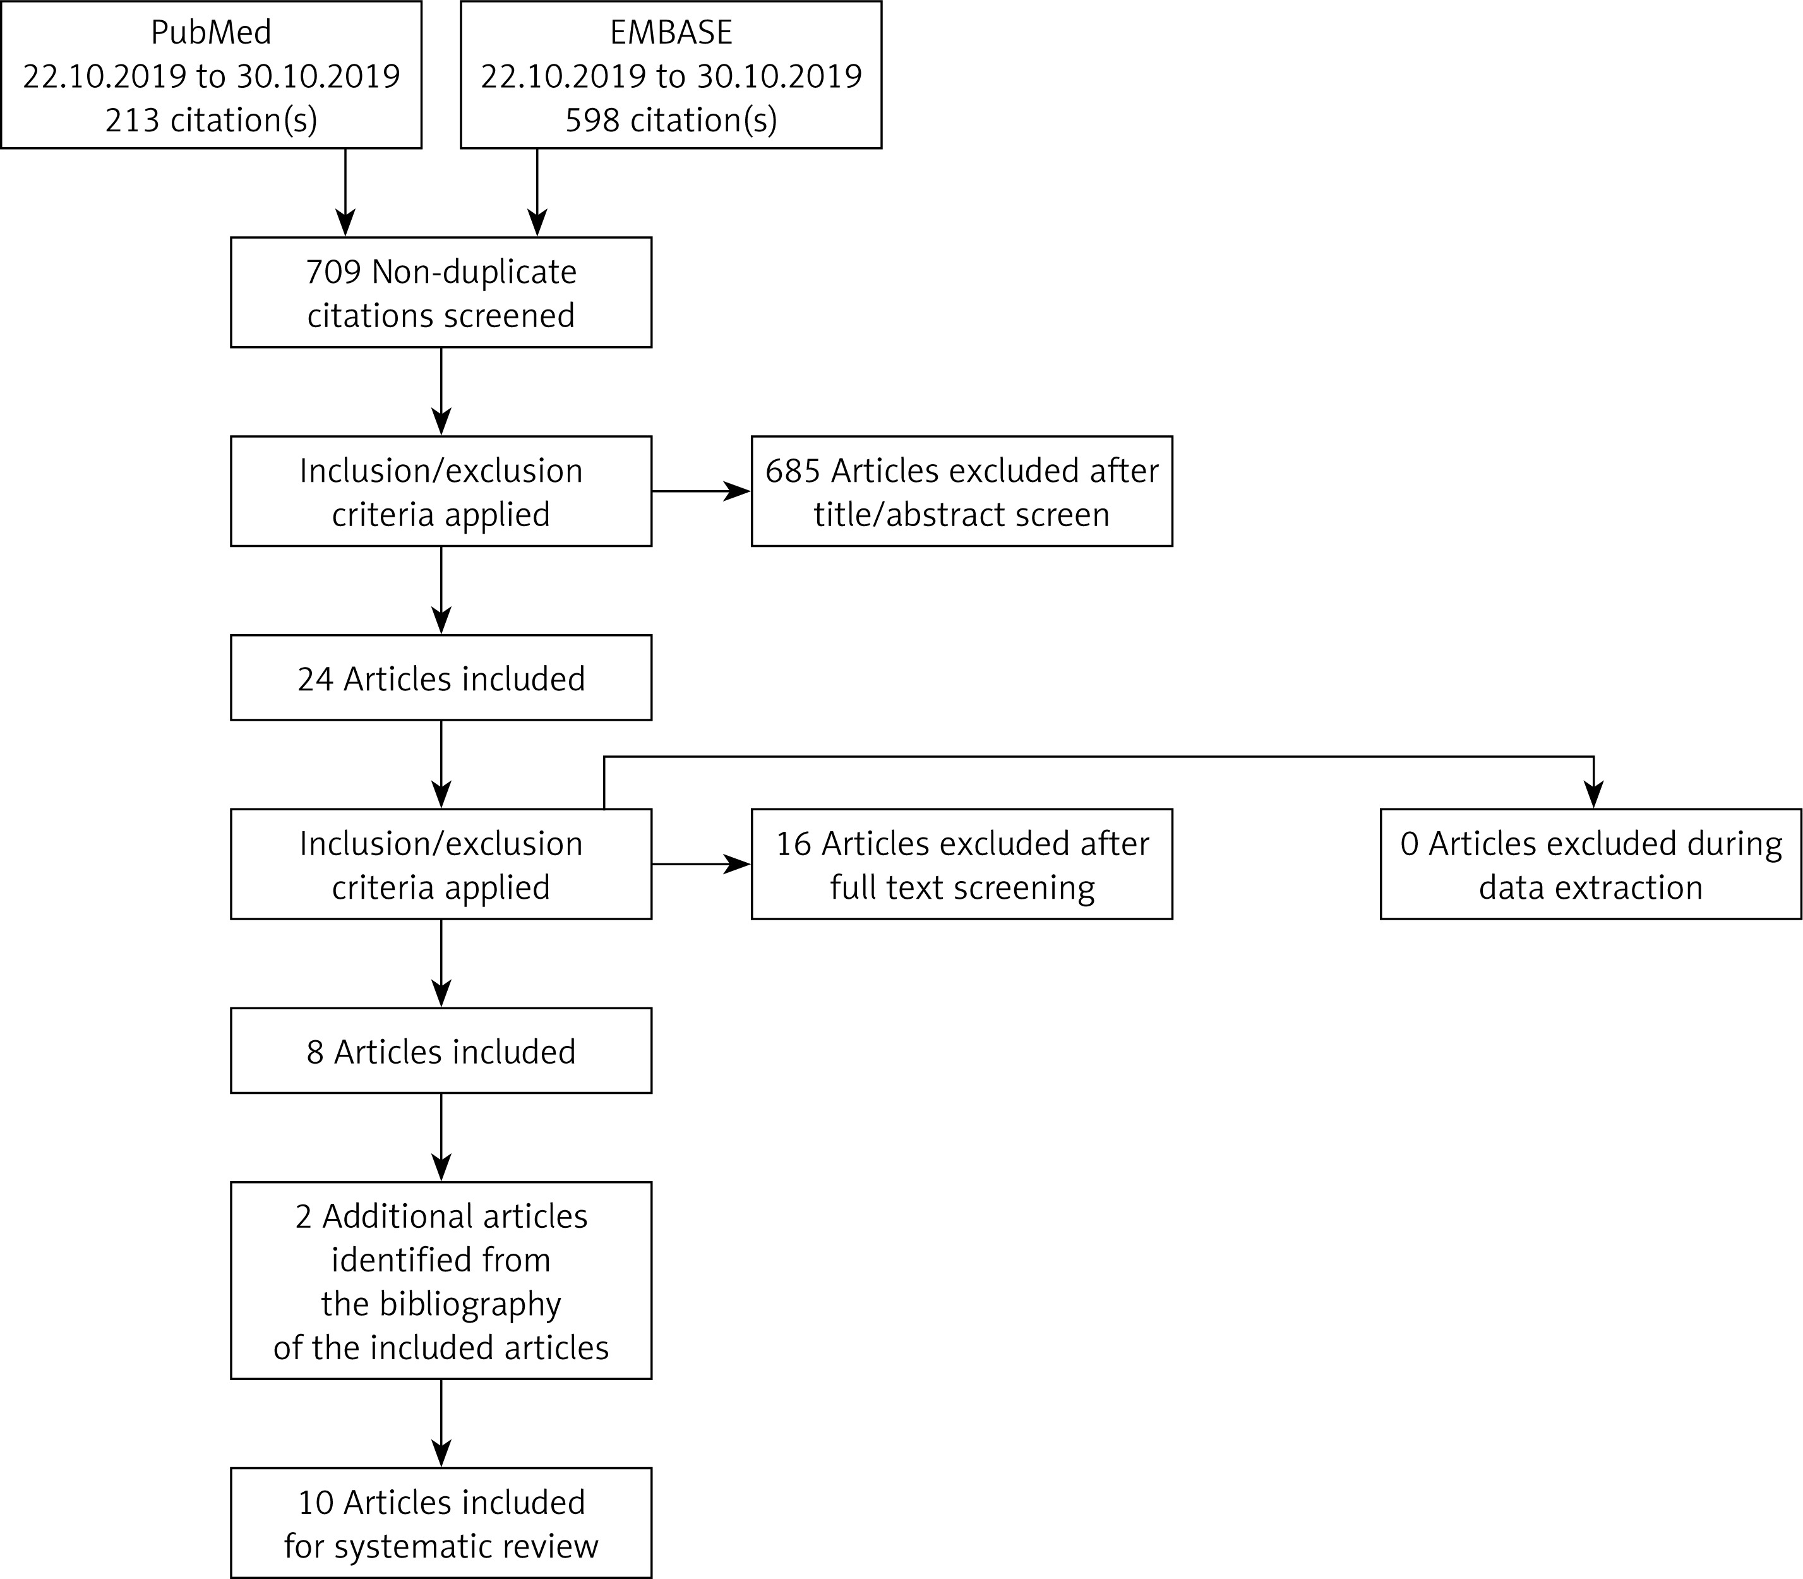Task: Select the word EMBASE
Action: [x=671, y=33]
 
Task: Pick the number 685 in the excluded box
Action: [x=793, y=471]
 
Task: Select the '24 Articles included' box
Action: [x=441, y=678]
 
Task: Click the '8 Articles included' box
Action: [x=441, y=1050]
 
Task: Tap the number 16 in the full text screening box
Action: [x=793, y=844]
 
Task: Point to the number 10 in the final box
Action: [x=315, y=1503]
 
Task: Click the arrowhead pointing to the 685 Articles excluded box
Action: [x=738, y=491]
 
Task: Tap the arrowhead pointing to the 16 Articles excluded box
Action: [x=738, y=865]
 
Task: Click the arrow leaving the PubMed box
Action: [x=345, y=192]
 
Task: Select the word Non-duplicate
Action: [x=474, y=272]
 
